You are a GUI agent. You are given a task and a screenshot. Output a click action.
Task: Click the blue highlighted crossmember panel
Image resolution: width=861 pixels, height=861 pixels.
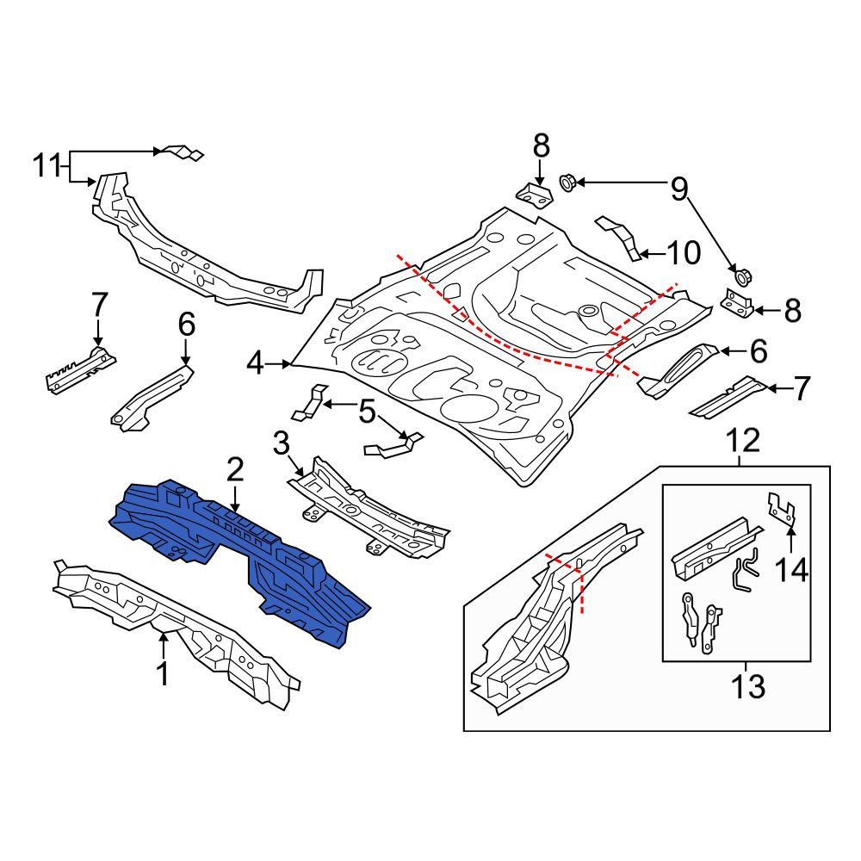236,554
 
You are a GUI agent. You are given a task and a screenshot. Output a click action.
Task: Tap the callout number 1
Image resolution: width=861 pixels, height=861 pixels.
163,675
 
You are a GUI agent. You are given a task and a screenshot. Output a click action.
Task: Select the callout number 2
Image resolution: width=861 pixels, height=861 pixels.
234,470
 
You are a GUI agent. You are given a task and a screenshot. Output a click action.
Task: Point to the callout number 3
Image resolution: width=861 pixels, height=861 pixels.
281,443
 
